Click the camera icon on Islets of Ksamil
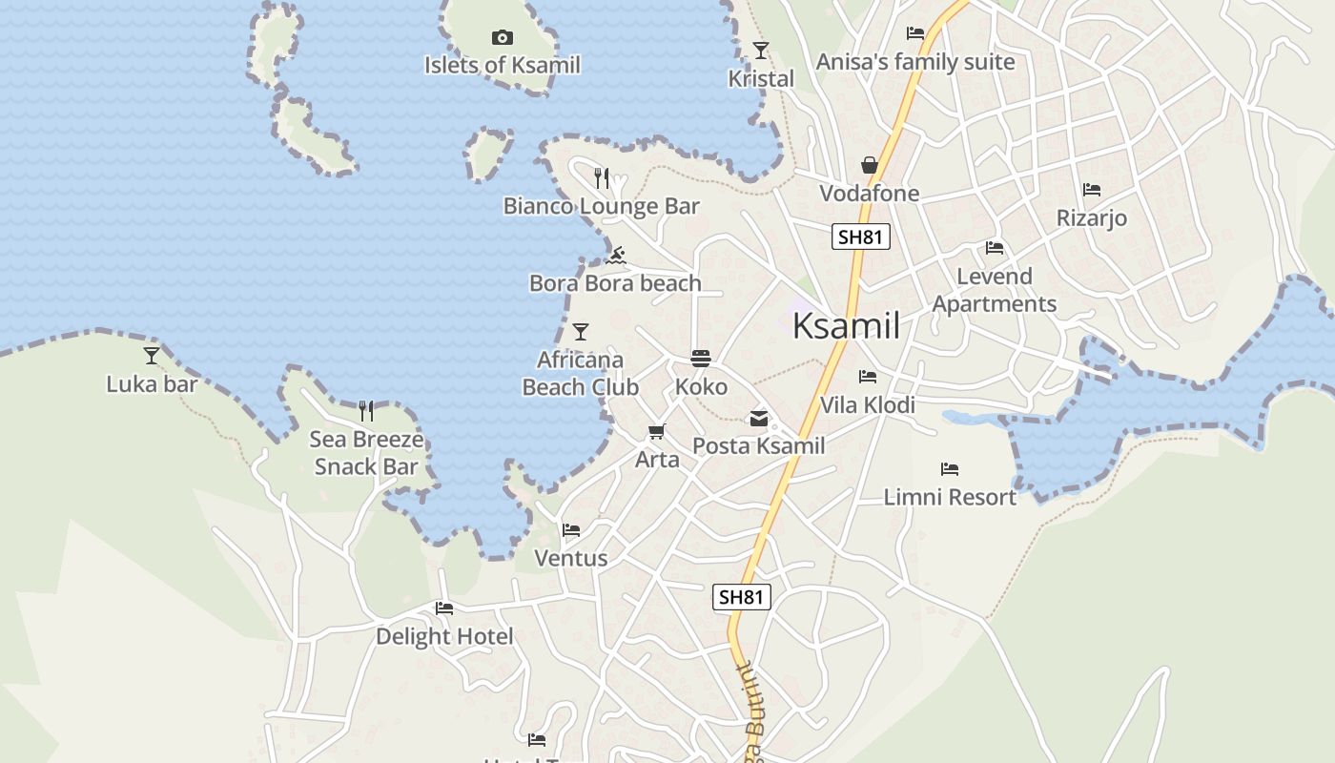click(x=503, y=38)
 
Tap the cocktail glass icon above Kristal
click(x=761, y=51)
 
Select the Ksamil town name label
click(x=846, y=326)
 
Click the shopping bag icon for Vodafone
click(x=870, y=166)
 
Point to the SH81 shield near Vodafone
click(x=860, y=237)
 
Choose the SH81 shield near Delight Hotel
click(x=741, y=597)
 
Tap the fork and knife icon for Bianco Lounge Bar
click(x=602, y=178)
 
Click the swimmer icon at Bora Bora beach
click(x=616, y=256)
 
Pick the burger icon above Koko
click(x=701, y=360)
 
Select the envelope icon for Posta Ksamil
click(x=759, y=418)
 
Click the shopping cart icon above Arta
click(x=657, y=432)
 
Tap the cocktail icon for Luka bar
click(x=152, y=356)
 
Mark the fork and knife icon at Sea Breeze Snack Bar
click(x=366, y=411)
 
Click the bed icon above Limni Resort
click(x=950, y=468)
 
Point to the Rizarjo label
click(x=1092, y=218)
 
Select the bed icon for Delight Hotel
click(x=444, y=608)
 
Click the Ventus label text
click(x=571, y=558)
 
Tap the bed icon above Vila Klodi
click(x=868, y=377)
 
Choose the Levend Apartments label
click(x=995, y=290)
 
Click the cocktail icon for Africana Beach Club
click(x=581, y=332)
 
